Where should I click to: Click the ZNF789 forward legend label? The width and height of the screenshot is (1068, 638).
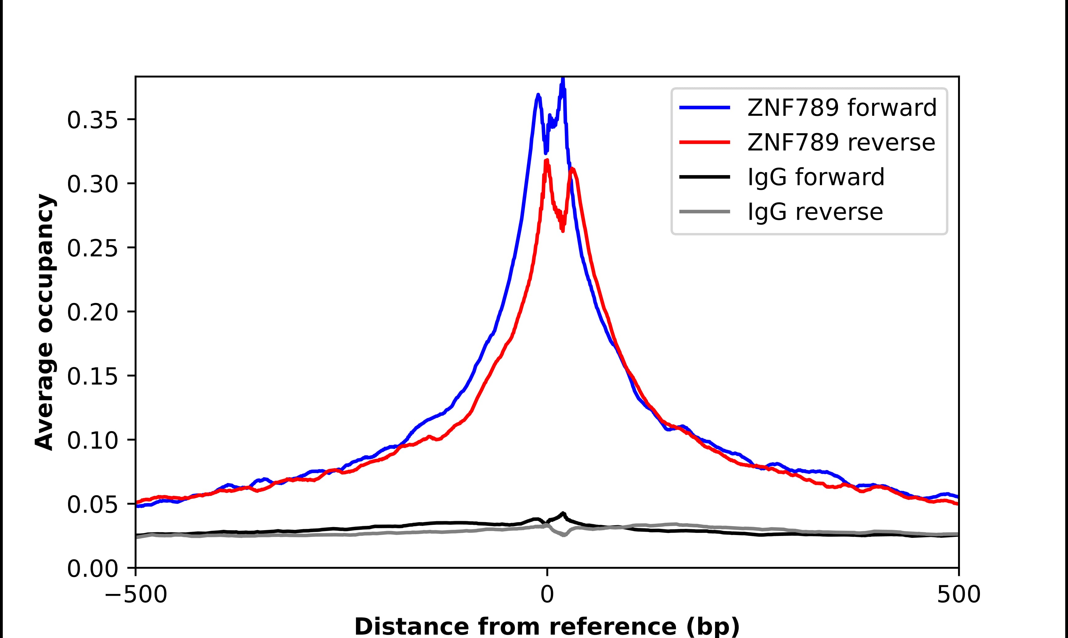[x=842, y=108]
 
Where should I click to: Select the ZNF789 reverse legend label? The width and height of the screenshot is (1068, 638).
[x=841, y=142]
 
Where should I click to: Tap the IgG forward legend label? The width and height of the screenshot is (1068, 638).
[x=816, y=177]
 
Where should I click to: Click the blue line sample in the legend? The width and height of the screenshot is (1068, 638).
[x=705, y=108]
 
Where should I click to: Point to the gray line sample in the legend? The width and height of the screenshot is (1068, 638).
[x=705, y=211]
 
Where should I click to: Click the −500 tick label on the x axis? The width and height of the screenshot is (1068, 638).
[x=136, y=595]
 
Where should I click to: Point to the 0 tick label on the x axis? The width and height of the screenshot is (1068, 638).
[x=547, y=595]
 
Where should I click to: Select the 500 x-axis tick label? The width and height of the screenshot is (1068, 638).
[x=958, y=595]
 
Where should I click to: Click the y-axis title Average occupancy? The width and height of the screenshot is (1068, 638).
[x=45, y=322]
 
